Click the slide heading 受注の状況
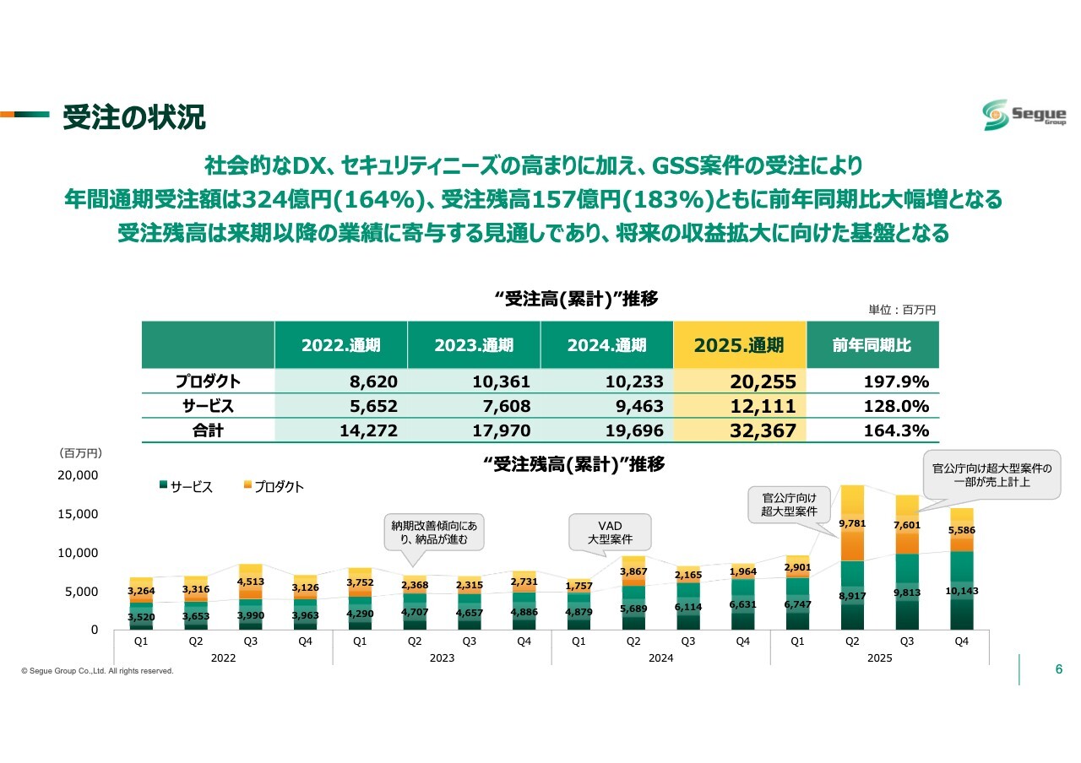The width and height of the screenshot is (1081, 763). coord(133,118)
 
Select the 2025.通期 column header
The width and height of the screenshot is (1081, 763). coord(739,344)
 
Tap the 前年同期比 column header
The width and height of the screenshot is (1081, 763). coord(872,344)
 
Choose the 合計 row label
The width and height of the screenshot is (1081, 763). coord(207,430)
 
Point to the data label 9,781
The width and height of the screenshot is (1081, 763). coord(853,524)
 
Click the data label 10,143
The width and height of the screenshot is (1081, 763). coord(962,591)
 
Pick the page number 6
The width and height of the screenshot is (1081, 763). coord(1059,669)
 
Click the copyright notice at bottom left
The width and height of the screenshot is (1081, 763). coord(97,671)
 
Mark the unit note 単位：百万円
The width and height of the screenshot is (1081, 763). coord(902,311)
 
